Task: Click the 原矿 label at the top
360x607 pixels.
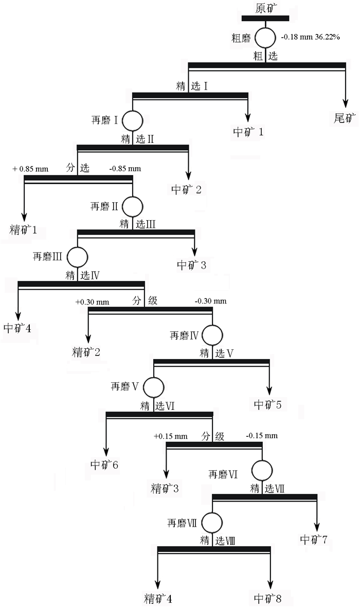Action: click(x=266, y=8)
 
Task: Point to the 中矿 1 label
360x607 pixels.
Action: click(x=248, y=132)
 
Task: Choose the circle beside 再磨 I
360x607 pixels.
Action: click(x=133, y=120)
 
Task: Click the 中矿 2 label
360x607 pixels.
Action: click(x=186, y=189)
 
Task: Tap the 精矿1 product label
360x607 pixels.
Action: click(x=23, y=229)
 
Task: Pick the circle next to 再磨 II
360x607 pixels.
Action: click(x=132, y=206)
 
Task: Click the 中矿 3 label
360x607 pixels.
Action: click(x=192, y=265)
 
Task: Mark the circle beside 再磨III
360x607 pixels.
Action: click(x=77, y=256)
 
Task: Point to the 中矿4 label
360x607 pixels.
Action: click(x=17, y=328)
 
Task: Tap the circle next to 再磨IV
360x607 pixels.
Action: click(x=212, y=335)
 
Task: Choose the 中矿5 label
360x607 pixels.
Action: click(x=267, y=404)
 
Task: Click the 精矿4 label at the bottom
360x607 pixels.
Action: click(x=158, y=599)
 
